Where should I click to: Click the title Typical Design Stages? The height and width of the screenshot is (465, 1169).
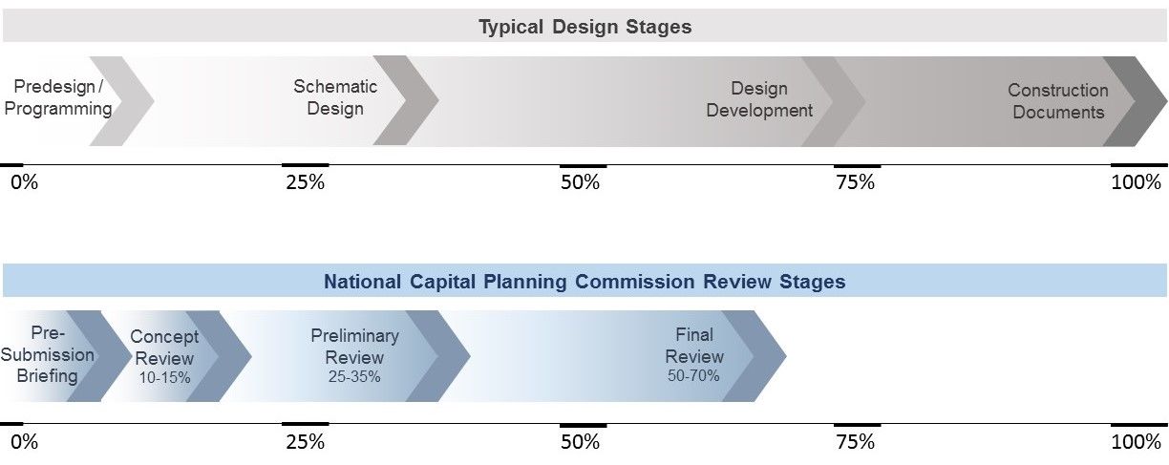(585, 26)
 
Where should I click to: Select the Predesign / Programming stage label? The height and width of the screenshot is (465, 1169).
(58, 97)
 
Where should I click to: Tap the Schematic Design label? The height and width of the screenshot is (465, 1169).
(335, 97)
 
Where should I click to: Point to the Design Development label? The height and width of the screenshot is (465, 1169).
(759, 99)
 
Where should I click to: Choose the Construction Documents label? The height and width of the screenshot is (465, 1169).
(1058, 100)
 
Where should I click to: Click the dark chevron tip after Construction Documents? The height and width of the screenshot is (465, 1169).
(1166, 100)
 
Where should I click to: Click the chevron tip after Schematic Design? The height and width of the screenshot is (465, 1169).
(437, 100)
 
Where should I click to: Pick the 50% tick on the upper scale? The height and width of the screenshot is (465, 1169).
(583, 166)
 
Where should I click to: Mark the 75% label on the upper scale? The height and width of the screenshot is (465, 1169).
(856, 182)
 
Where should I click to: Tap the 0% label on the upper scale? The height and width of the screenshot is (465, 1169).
(24, 182)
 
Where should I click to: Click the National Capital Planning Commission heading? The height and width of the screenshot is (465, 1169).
(584, 282)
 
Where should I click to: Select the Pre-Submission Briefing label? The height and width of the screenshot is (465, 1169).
(47, 354)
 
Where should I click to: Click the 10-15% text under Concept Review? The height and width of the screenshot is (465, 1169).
(164, 377)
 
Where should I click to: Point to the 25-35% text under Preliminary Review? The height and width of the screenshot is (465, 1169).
(354, 376)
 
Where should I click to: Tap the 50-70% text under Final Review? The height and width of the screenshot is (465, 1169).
(693, 375)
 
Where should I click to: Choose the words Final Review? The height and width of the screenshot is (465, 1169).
(694, 346)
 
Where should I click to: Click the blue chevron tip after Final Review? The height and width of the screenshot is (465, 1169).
(785, 356)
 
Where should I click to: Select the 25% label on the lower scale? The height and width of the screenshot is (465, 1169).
(306, 442)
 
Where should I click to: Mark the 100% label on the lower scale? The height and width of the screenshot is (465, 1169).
(1137, 442)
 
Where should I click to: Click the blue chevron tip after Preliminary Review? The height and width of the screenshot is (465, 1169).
(470, 356)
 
